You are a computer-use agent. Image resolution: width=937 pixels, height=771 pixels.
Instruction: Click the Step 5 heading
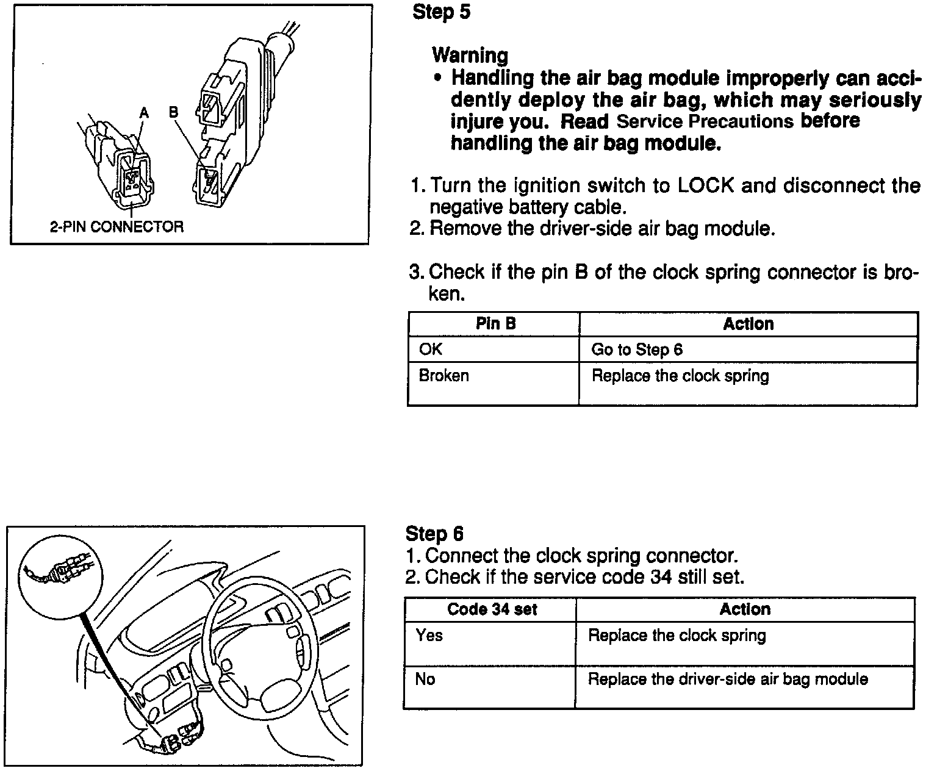point(442,12)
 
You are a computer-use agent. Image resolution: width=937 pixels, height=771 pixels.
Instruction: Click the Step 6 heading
point(434,534)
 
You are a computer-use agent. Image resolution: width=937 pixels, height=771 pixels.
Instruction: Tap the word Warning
point(470,56)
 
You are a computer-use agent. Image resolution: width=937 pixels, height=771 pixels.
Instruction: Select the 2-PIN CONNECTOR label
point(117,227)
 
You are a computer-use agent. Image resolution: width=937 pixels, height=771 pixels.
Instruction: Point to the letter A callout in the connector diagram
point(144,112)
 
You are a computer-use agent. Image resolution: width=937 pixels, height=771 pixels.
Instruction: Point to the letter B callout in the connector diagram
point(173,112)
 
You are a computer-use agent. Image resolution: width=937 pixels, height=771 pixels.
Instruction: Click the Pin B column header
point(495,324)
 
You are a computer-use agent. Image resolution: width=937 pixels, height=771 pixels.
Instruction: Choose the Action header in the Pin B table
point(748,324)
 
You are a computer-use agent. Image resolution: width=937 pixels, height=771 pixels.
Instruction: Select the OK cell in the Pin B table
point(431,350)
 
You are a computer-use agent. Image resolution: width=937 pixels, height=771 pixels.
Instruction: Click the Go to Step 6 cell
point(637,350)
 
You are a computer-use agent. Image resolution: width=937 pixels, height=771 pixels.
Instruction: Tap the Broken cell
point(443,375)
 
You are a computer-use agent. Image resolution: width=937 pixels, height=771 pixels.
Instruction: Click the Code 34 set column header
point(492,609)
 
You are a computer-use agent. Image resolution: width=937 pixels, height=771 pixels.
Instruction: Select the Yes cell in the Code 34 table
point(429,636)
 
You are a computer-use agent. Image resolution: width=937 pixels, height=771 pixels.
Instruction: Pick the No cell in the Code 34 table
point(425,679)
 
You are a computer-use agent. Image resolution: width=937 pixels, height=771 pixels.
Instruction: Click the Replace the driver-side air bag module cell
point(727,679)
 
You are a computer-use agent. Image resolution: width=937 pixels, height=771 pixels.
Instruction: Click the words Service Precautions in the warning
point(705,121)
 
